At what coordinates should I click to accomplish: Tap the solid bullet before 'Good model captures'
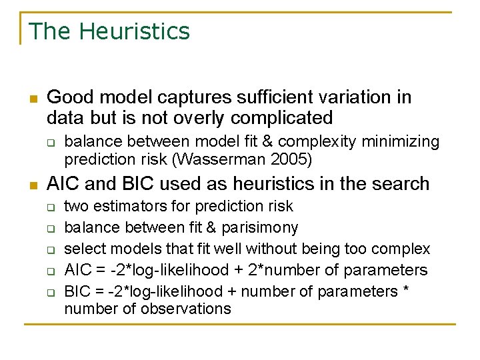pos(33,99)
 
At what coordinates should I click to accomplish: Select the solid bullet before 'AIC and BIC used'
pos(33,185)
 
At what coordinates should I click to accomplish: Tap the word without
pos(272,249)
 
